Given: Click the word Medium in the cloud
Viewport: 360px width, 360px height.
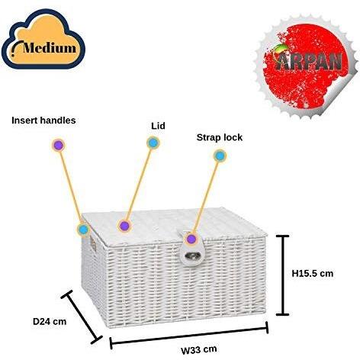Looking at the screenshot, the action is (x=50, y=47).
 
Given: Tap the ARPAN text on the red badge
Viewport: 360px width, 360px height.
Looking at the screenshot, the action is (x=309, y=62).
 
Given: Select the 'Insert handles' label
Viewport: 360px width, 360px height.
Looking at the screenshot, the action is (x=43, y=121).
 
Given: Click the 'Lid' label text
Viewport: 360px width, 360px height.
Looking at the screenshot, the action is (x=158, y=126).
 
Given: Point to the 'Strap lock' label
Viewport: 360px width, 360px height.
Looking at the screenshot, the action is (x=220, y=137).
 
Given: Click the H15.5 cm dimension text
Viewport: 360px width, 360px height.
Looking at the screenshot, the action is (x=313, y=274).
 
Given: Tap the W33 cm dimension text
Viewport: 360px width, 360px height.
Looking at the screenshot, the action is (x=199, y=349).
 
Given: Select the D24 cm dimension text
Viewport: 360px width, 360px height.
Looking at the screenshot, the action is (x=50, y=321).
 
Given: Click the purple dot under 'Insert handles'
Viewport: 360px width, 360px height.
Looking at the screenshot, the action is (x=59, y=146).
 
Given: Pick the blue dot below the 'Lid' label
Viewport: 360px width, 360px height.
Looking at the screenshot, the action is (x=153, y=143).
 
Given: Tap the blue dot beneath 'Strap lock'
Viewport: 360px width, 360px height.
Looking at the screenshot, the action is (x=220, y=156).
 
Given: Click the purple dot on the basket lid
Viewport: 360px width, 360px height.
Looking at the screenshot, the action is (x=124, y=226).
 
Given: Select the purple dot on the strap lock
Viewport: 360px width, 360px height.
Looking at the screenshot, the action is (x=191, y=239).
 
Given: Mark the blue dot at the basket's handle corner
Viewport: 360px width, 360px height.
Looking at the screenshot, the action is (x=83, y=230).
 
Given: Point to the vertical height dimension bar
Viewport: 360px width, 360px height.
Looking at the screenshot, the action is (x=282, y=275).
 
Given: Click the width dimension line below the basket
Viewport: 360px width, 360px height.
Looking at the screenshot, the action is (x=189, y=336).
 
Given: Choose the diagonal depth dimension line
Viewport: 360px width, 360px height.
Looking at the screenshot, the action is (x=82, y=317).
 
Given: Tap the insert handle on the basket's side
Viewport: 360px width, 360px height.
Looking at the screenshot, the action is (x=93, y=245).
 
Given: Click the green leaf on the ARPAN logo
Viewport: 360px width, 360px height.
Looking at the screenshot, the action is (x=280, y=47).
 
